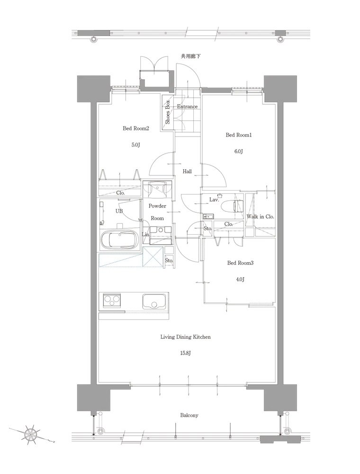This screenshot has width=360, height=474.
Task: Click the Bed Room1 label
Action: pos(239,135)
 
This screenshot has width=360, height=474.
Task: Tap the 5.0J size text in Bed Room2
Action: pos(135,145)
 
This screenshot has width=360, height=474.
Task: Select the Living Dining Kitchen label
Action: pos(185,337)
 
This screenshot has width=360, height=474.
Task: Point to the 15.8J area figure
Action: pos(185,353)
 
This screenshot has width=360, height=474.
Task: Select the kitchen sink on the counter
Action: pos(154,301)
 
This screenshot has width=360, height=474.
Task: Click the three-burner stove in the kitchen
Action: pos(112,301)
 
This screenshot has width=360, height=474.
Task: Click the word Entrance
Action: pos(187,106)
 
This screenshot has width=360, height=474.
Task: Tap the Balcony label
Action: pos(189,415)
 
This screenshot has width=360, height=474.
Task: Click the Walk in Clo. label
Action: pos(261,217)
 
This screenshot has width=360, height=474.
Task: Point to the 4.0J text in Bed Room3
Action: pos(240,279)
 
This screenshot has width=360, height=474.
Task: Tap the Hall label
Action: pos(187,172)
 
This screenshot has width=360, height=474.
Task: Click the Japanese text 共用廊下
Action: pos(190,56)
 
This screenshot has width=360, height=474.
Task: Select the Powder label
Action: pos(157,206)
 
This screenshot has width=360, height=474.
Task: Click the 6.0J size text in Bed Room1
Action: pos(239,151)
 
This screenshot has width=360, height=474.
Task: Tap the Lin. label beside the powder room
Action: pos(145,235)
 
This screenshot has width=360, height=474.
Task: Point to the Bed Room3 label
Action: pos(241,263)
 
